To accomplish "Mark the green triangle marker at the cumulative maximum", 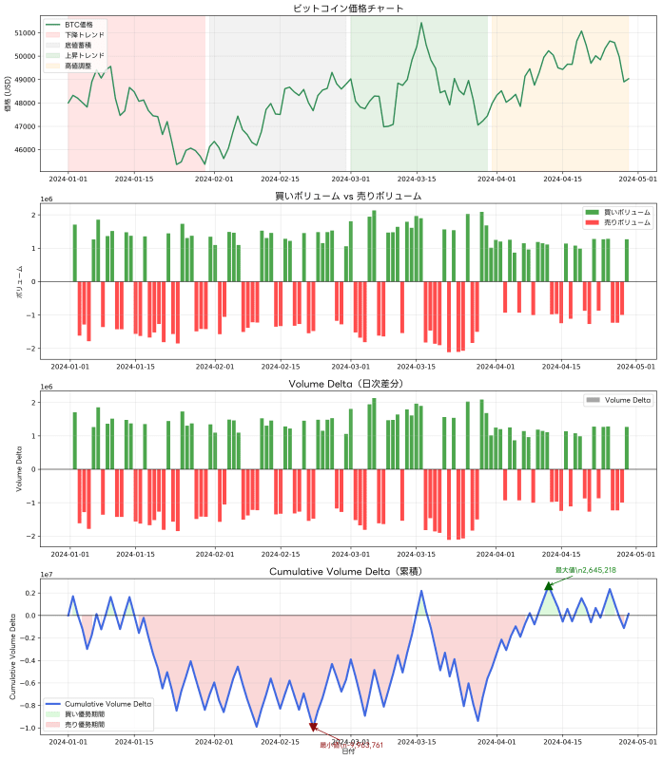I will click(548, 585).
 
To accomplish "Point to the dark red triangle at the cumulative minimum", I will click(313, 728).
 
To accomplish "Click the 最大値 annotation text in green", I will click(586, 570).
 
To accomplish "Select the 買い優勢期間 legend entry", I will click(86, 713).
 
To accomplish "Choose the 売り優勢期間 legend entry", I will click(86, 724).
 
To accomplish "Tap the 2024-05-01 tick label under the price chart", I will click(635, 178).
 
